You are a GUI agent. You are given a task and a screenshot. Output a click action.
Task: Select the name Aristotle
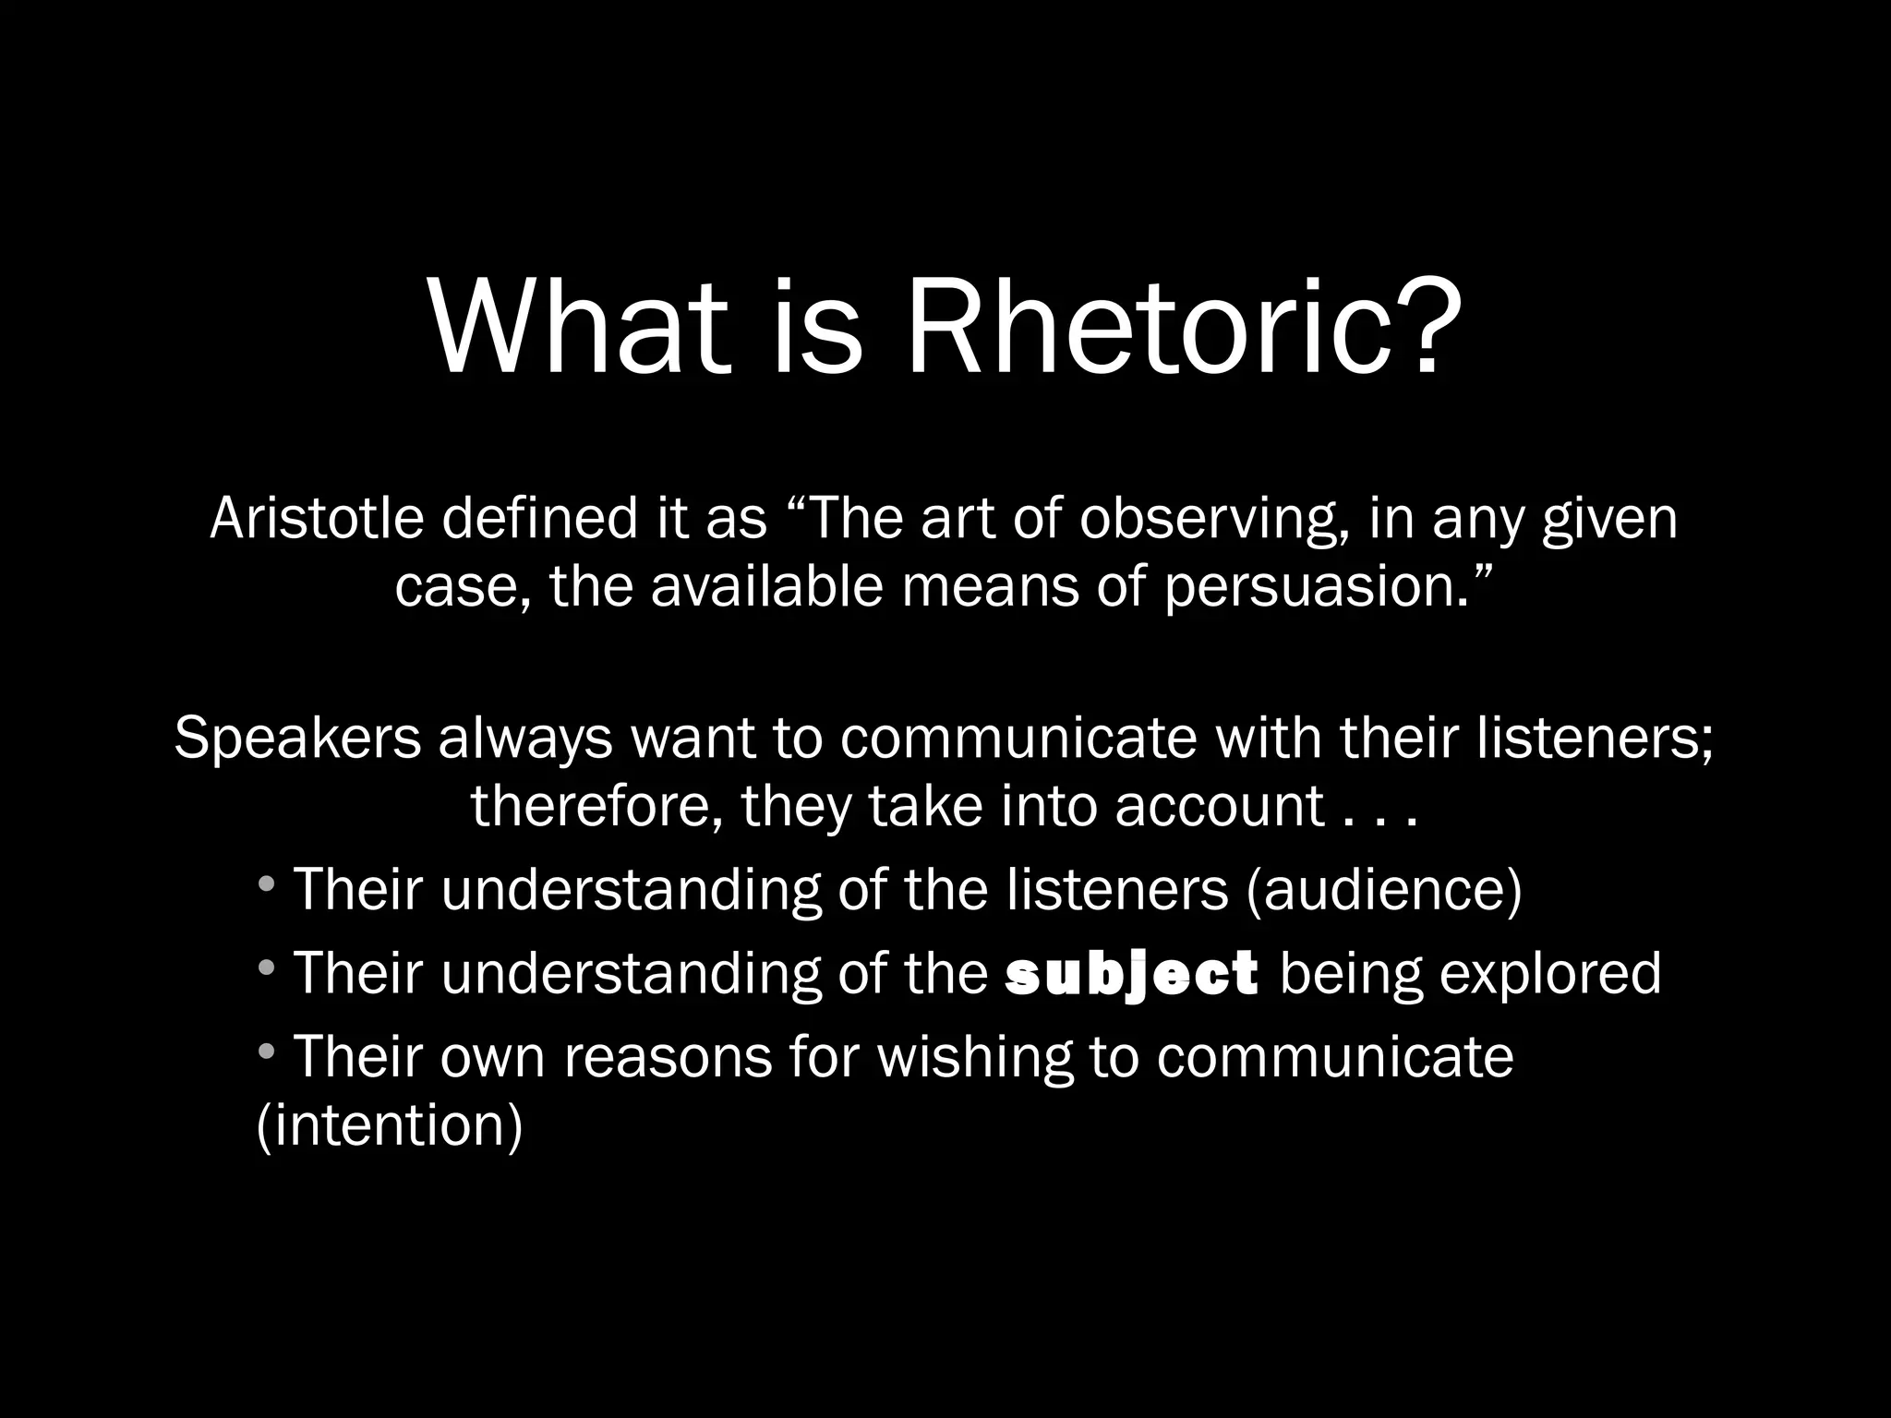tap(317, 519)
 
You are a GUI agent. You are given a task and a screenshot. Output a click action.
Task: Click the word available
tap(766, 587)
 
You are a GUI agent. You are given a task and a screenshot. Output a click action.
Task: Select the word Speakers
tap(296, 739)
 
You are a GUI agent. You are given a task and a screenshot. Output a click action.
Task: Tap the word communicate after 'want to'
tap(1018, 739)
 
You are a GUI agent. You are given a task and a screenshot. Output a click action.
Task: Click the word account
tap(1219, 805)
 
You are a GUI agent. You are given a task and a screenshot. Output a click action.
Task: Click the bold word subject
tap(1132, 974)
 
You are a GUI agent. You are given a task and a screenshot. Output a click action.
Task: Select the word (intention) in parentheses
tap(389, 1125)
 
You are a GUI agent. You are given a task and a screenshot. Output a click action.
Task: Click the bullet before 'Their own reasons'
tap(266, 1051)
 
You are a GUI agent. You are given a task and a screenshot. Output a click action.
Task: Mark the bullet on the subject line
tap(266, 968)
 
